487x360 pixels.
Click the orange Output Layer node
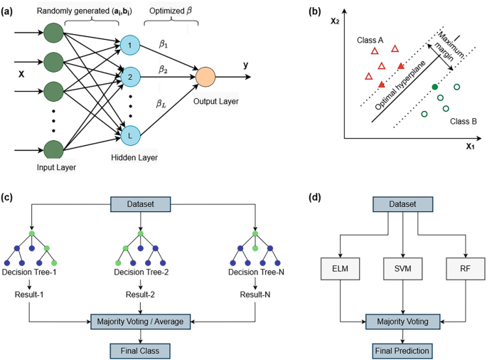[205, 76]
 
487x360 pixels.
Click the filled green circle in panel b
[434, 87]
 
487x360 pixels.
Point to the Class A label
[370, 40]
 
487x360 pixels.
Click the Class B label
[464, 122]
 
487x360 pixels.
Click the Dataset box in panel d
[403, 203]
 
